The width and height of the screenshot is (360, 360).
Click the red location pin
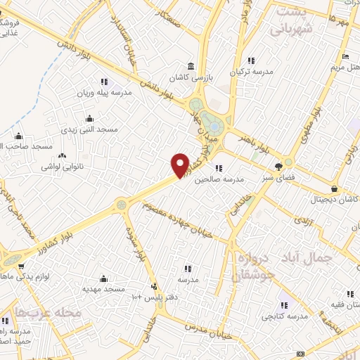click(180, 165)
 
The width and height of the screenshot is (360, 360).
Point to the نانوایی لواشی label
click(63, 167)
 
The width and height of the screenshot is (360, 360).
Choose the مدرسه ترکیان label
click(251, 72)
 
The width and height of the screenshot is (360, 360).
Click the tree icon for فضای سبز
click(279, 167)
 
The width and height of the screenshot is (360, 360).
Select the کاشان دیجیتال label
click(334, 200)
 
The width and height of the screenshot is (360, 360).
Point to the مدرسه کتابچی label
click(285, 316)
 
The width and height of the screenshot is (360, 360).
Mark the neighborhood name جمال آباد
click(321, 258)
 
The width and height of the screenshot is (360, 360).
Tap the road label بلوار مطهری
click(313, 126)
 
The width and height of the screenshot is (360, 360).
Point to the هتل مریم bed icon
click(345, 57)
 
